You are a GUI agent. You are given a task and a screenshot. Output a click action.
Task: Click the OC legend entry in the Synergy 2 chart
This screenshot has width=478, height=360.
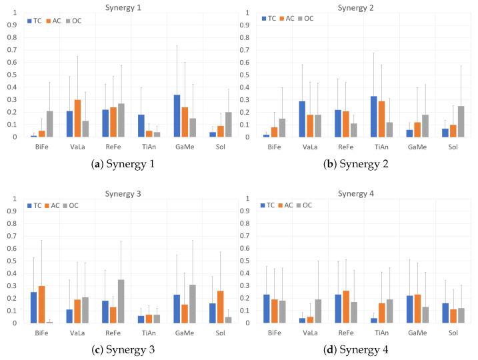point(306,19)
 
